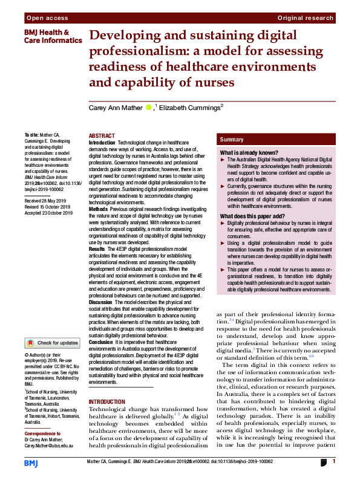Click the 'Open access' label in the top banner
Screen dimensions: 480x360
click(47, 19)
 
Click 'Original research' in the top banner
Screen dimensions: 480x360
click(306, 19)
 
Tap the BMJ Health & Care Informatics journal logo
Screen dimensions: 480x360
click(53, 36)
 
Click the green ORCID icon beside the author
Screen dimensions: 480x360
click(148, 108)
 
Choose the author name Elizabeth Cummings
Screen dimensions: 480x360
click(181, 107)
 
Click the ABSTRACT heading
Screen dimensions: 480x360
click(101, 137)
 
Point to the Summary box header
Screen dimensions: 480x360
click(232, 140)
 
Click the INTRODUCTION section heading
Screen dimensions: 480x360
click(108, 402)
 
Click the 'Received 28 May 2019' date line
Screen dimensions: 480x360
click(47, 199)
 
